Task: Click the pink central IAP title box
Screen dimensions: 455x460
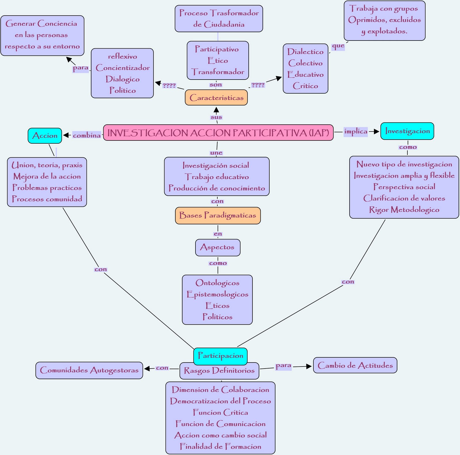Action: pyautogui.click(x=218, y=133)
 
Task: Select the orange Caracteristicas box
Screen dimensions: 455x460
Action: pyautogui.click(x=216, y=98)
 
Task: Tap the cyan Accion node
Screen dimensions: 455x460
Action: pyautogui.click(x=45, y=136)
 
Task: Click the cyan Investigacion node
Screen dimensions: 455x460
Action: pyautogui.click(x=407, y=131)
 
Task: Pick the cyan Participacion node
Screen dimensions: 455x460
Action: pyautogui.click(x=220, y=356)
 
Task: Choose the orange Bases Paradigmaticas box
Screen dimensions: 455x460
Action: pyautogui.click(x=218, y=215)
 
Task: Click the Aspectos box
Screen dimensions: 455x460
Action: pyautogui.click(x=218, y=247)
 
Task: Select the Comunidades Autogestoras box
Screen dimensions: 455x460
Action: pyautogui.click(x=89, y=370)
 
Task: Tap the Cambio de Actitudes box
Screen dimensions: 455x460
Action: pyautogui.click(x=355, y=365)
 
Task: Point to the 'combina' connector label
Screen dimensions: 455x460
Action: pyautogui.click(x=87, y=135)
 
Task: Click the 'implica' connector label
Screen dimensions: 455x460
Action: pyautogui.click(x=356, y=132)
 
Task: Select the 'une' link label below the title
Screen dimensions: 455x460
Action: pyautogui.click(x=216, y=153)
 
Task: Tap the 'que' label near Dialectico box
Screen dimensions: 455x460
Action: pyautogui.click(x=338, y=46)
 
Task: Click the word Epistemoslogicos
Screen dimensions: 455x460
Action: pyautogui.click(x=217, y=294)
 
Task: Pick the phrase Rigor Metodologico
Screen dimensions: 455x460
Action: pyautogui.click(x=404, y=210)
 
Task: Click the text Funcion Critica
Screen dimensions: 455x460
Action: pyautogui.click(x=220, y=412)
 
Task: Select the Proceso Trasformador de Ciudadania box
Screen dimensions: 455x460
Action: pyautogui.click(x=219, y=19)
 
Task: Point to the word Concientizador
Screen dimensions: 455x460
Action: pyautogui.click(x=123, y=68)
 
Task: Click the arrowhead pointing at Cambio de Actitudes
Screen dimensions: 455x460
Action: pyautogui.click(x=309, y=366)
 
